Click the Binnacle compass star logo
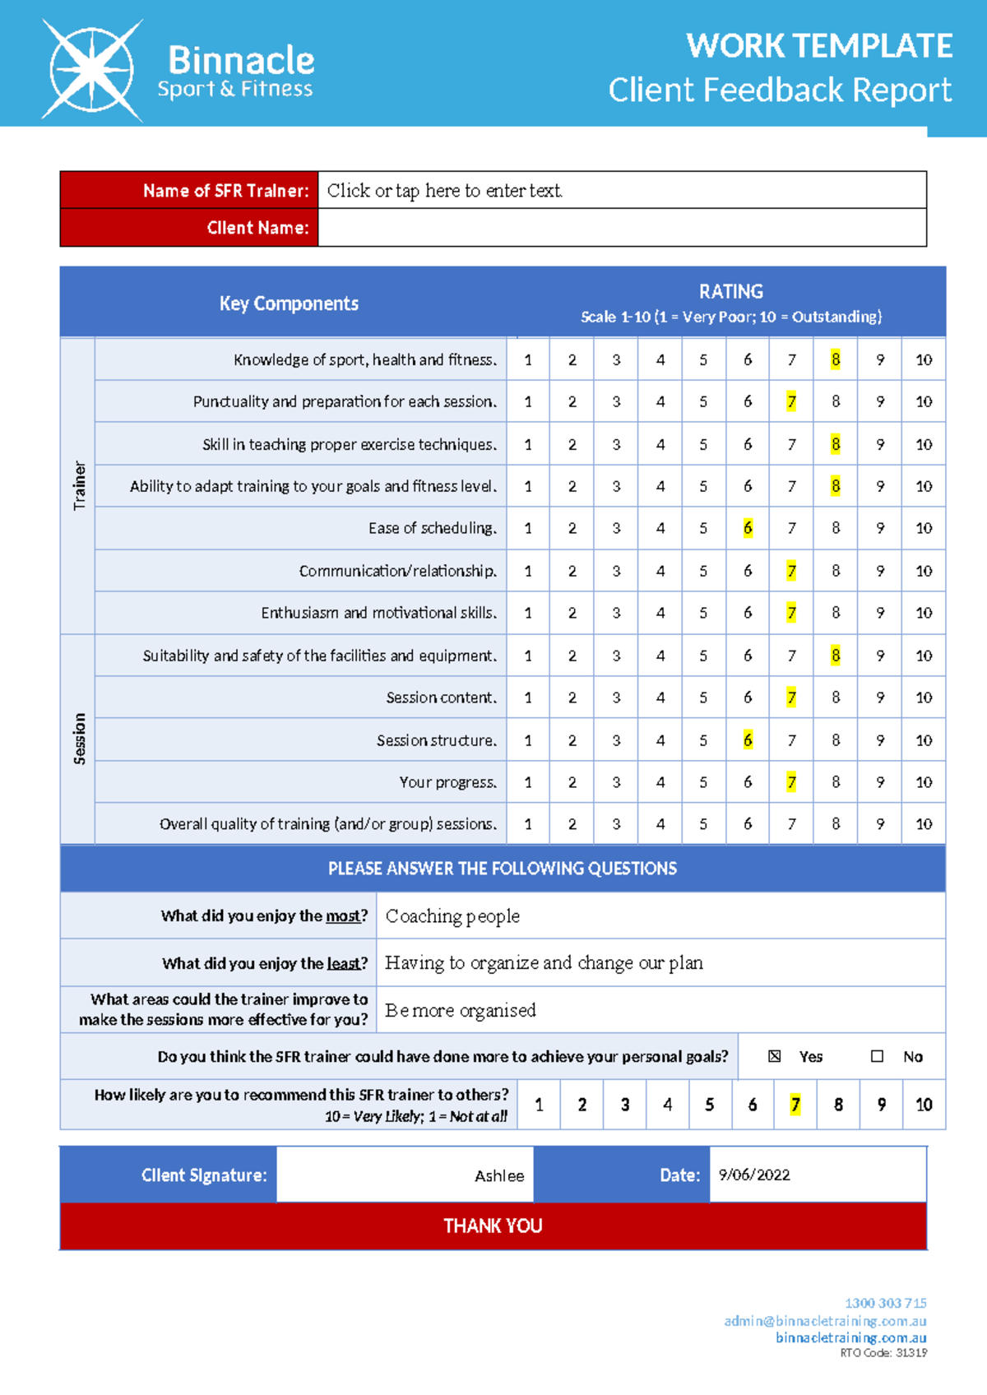(x=91, y=71)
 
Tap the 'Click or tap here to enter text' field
(x=444, y=191)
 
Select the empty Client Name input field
(x=621, y=228)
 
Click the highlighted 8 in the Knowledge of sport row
(x=835, y=359)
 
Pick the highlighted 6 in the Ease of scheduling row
(x=747, y=528)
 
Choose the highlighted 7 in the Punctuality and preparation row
(x=791, y=401)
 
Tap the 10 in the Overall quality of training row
(x=923, y=823)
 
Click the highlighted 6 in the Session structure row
(x=747, y=740)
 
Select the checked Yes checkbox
(x=774, y=1056)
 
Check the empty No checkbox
(x=877, y=1056)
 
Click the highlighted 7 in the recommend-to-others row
(x=795, y=1105)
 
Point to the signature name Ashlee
(x=498, y=1176)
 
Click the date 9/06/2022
(x=753, y=1175)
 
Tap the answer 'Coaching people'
(x=452, y=915)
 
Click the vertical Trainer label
(x=79, y=485)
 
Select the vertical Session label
(x=79, y=739)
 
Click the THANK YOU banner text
(x=493, y=1226)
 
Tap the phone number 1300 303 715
(x=885, y=1303)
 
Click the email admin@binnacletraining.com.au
(x=825, y=1321)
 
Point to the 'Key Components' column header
(x=289, y=304)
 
